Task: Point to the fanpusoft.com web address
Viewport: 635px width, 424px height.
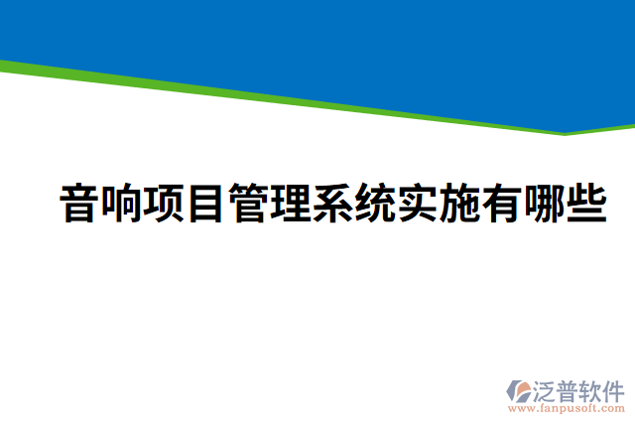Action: (x=567, y=406)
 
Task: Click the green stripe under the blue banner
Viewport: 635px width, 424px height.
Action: (x=298, y=99)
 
